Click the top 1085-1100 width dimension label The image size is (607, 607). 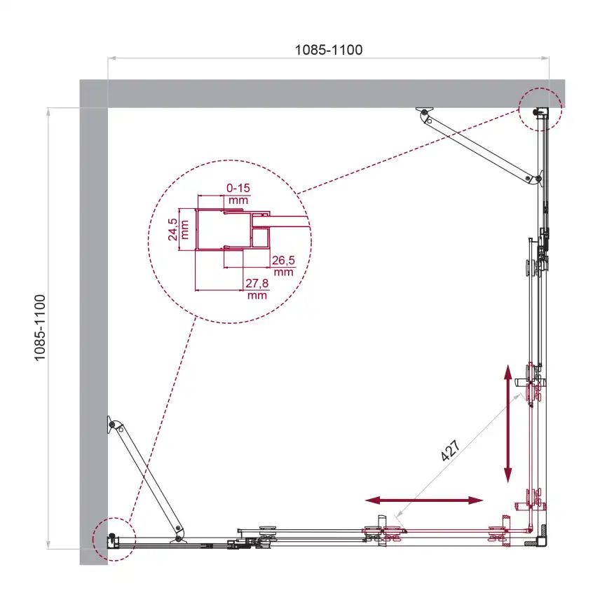(329, 50)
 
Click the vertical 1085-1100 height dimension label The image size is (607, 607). (40, 327)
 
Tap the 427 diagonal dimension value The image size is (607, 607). (451, 450)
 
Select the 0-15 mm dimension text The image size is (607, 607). (238, 194)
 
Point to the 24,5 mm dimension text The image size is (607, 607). (178, 230)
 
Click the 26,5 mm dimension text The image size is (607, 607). (283, 266)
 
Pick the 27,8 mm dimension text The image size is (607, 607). (257, 289)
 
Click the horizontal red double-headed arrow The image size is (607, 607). (424, 500)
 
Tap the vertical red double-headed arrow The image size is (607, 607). (507, 423)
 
